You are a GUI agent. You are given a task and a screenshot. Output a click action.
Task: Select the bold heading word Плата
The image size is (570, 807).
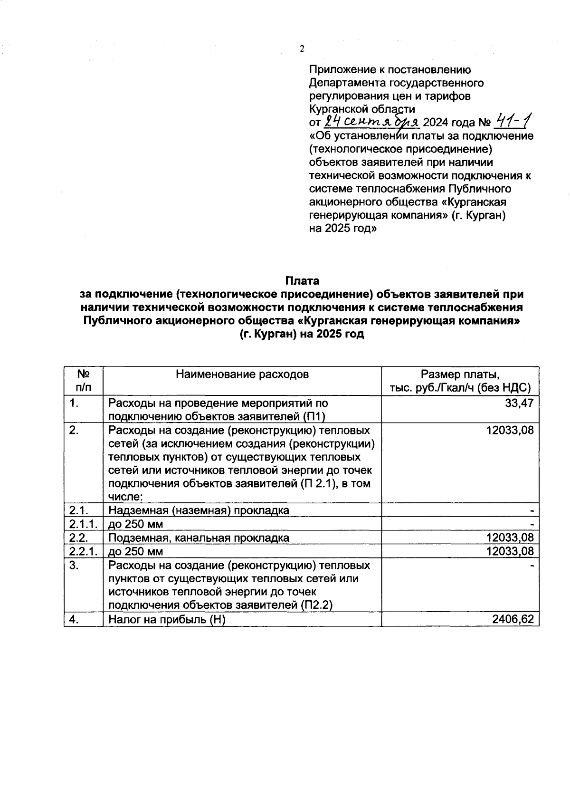(x=302, y=281)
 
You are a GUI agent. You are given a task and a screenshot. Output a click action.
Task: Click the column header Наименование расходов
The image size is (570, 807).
(x=242, y=374)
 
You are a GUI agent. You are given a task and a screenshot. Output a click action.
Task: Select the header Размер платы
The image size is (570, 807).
(x=460, y=374)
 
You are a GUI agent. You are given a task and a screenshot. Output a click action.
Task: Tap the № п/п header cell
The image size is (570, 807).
(x=84, y=381)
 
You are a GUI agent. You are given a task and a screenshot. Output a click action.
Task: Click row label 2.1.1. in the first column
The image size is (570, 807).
(x=83, y=524)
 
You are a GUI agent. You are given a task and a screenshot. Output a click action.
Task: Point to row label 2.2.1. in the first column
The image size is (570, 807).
(x=83, y=551)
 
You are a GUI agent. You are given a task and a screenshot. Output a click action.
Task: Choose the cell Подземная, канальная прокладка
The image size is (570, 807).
(x=199, y=538)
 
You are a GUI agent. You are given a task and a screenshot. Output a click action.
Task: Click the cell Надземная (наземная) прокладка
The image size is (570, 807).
(x=199, y=511)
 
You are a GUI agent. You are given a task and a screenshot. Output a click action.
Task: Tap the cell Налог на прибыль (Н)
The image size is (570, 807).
(x=167, y=619)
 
